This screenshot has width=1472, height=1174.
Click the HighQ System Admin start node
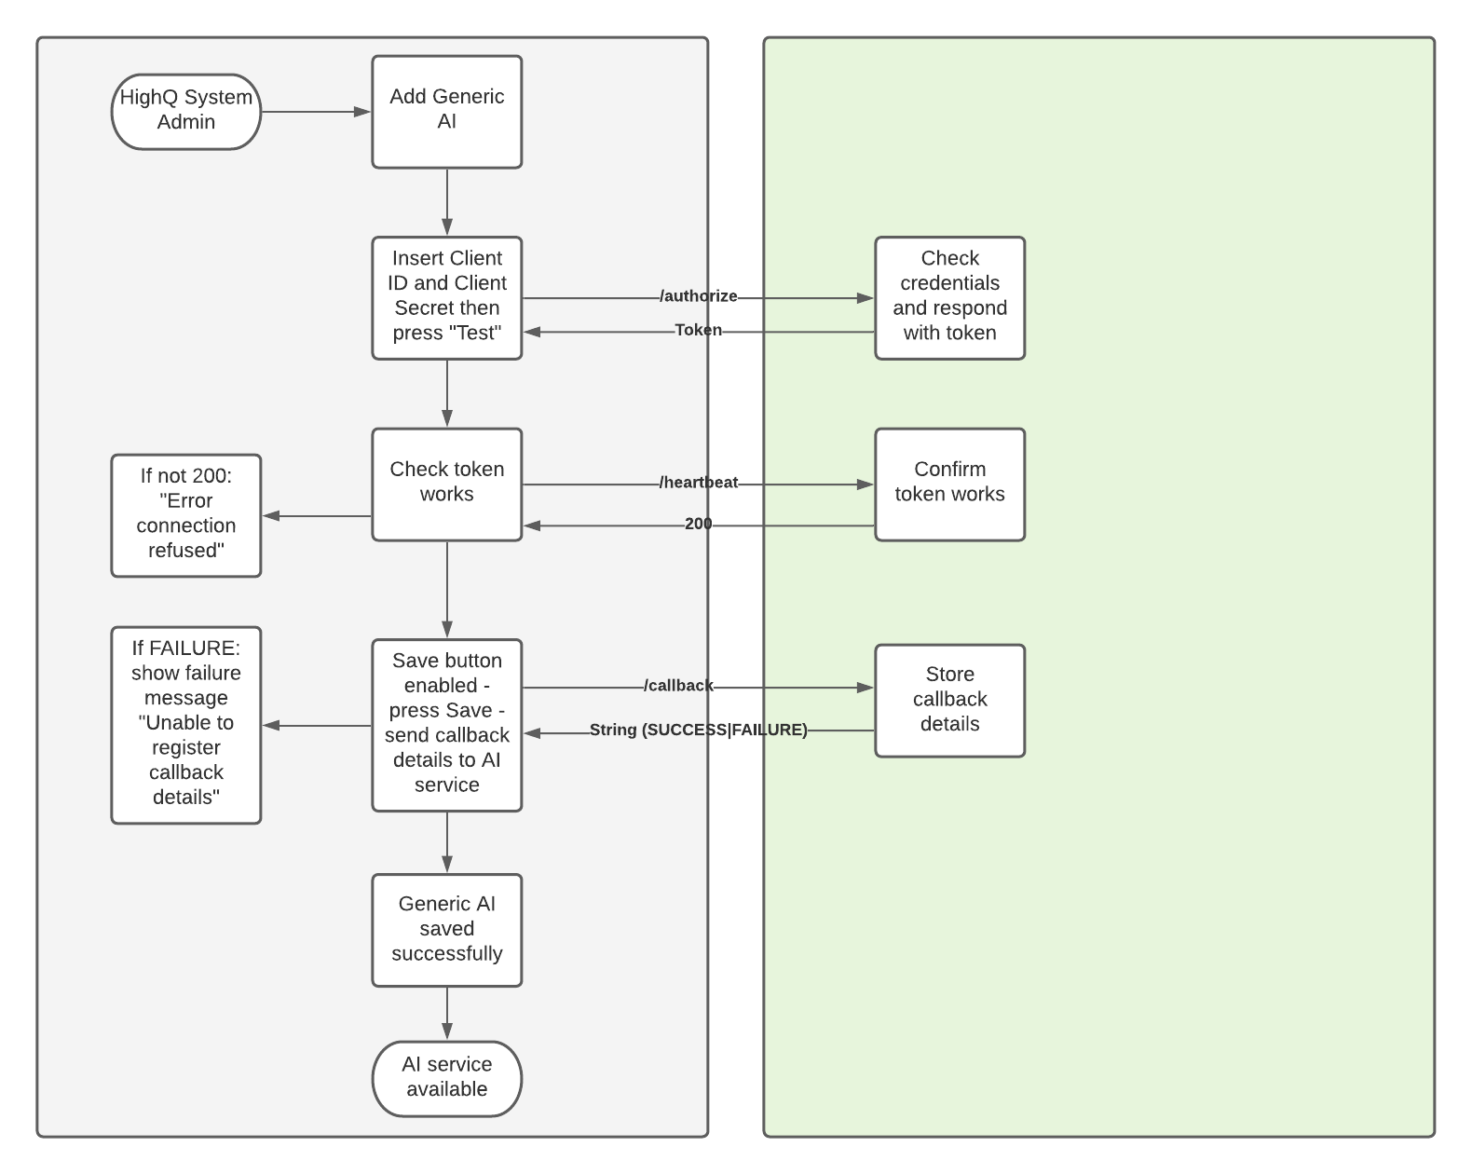(186, 112)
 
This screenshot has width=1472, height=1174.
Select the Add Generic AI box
(447, 112)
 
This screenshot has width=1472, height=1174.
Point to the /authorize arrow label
(698, 296)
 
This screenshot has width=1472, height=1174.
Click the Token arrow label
(698, 330)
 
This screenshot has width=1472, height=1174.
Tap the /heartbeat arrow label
(698, 483)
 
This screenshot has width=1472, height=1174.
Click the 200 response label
(698, 524)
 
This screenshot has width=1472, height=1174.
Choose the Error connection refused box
(186, 515)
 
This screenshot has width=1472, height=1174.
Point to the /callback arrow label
(678, 686)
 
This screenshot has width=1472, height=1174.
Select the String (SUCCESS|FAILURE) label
(698, 730)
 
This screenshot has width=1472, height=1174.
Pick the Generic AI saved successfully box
(447, 930)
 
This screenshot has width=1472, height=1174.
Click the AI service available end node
(447, 1078)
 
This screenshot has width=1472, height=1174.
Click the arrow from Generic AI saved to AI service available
(447, 1013)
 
